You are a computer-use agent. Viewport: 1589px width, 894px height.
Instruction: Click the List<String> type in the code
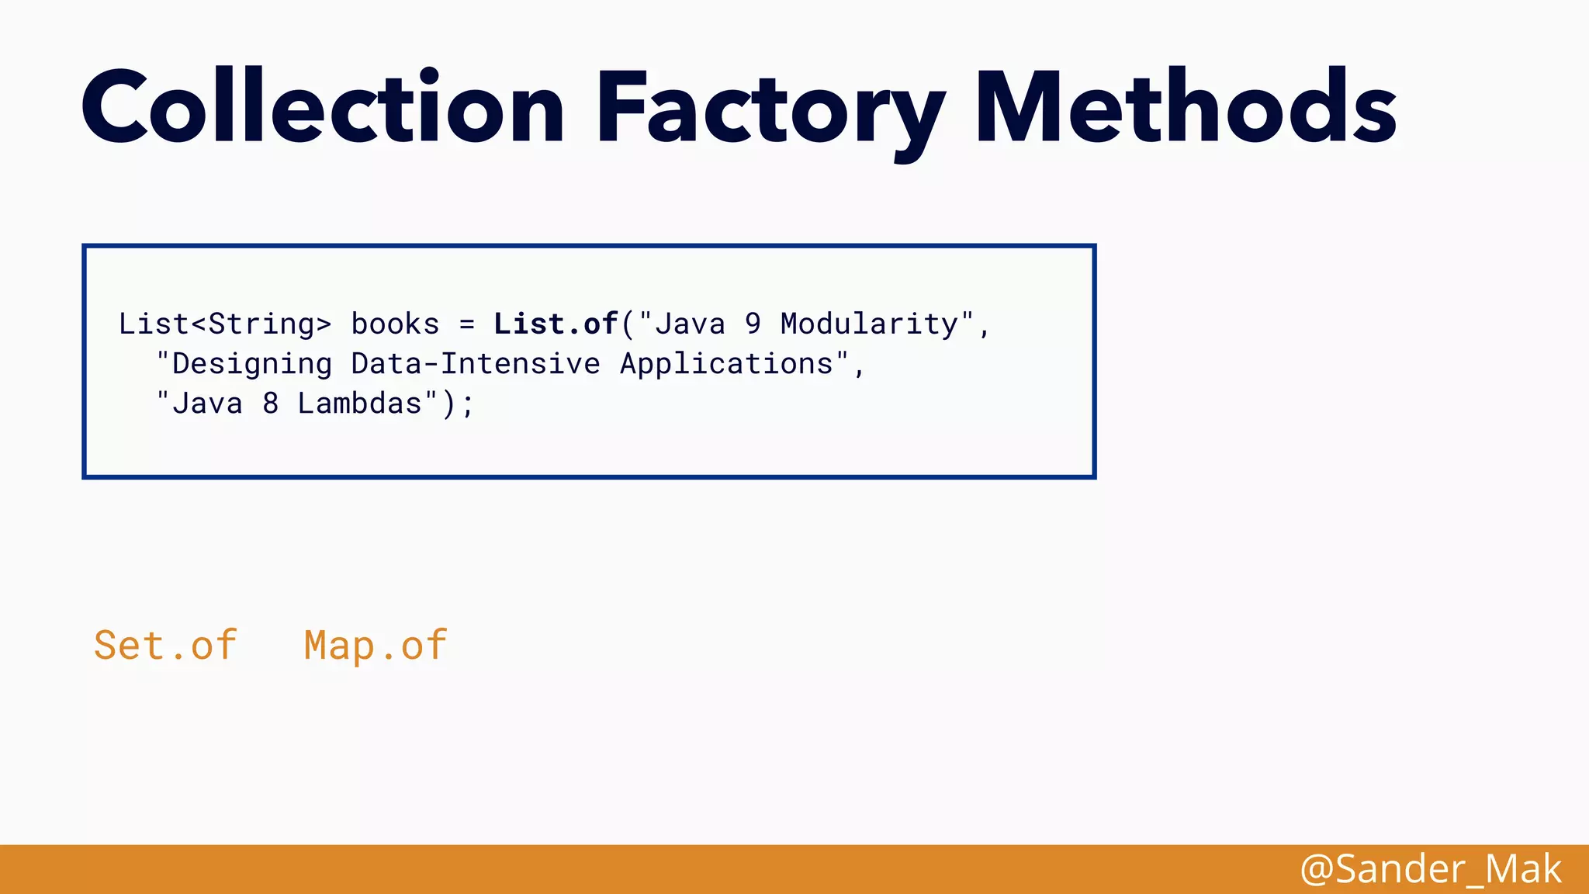click(x=225, y=324)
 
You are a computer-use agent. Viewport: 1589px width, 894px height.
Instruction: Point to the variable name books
click(x=395, y=324)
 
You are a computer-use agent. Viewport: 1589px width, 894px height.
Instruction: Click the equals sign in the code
click(x=466, y=324)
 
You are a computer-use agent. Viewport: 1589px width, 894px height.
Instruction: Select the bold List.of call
click(x=556, y=324)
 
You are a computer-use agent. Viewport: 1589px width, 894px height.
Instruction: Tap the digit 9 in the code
click(x=753, y=324)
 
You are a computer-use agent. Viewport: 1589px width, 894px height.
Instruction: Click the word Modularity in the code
click(x=869, y=324)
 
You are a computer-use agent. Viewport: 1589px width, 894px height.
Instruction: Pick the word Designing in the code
click(x=252, y=364)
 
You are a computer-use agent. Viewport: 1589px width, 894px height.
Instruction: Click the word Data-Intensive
click(x=476, y=364)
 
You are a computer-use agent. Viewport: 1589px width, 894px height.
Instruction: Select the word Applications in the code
click(x=726, y=364)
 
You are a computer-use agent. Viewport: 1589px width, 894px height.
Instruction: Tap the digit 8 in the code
click(x=270, y=404)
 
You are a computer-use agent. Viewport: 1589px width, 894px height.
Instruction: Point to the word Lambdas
click(x=359, y=404)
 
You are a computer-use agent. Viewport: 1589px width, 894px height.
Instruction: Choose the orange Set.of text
click(x=165, y=646)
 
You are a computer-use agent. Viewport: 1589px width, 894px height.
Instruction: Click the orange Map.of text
click(x=376, y=646)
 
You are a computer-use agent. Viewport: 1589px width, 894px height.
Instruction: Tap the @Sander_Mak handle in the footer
click(x=1430, y=869)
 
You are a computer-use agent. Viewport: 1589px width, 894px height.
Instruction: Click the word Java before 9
click(x=690, y=324)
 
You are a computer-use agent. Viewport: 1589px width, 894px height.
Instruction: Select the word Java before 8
click(x=207, y=404)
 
